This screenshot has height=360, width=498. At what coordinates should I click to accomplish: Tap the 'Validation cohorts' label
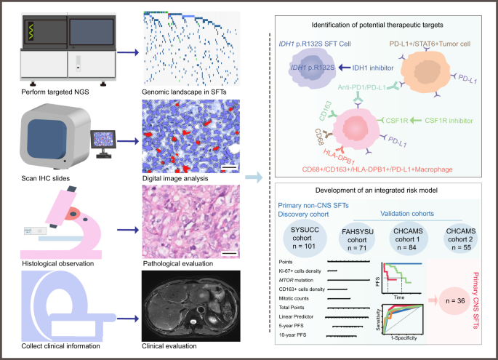coord(398,215)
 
